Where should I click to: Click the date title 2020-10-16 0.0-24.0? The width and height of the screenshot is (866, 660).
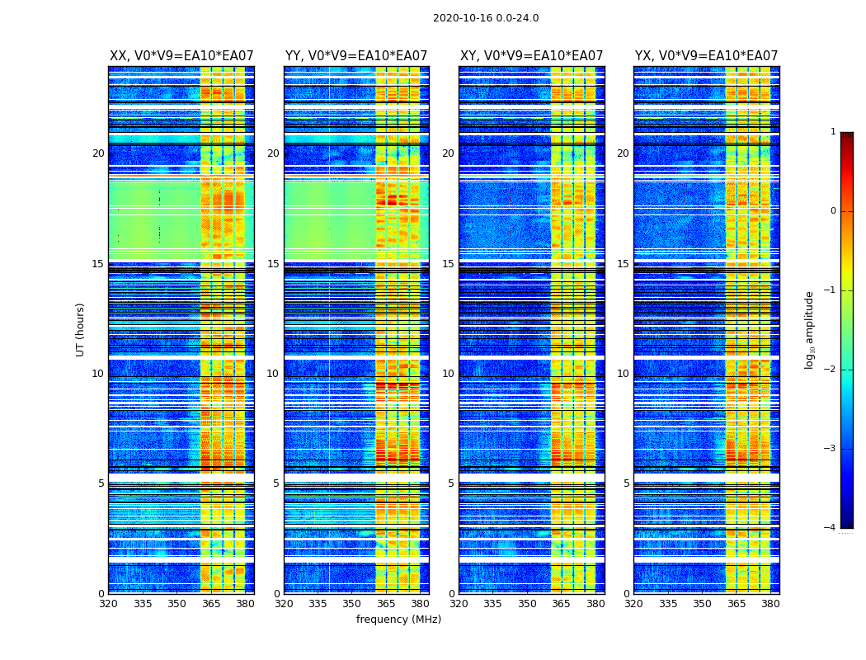tap(486, 18)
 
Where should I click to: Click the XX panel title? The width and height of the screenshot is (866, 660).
tap(181, 56)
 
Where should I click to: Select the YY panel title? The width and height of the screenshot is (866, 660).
tap(356, 56)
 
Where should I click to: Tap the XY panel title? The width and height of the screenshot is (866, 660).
tap(532, 56)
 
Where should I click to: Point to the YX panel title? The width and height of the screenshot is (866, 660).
tap(707, 56)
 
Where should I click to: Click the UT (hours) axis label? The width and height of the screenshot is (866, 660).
tap(81, 329)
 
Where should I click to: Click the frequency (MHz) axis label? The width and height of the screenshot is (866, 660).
tap(398, 620)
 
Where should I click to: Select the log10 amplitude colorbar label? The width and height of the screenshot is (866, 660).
tap(810, 329)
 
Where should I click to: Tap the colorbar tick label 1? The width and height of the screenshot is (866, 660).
tap(833, 132)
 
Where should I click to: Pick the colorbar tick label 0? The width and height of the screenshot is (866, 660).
tap(833, 211)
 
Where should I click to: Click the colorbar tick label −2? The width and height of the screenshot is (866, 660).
tap(831, 370)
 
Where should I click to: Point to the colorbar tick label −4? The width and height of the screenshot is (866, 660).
tap(831, 528)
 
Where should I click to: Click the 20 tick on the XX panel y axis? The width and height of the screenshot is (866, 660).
tap(98, 153)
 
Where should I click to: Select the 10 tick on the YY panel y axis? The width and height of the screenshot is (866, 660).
tap(273, 374)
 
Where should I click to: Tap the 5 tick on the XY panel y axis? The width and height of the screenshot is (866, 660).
tap(451, 483)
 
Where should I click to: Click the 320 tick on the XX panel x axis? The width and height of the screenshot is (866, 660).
tap(109, 604)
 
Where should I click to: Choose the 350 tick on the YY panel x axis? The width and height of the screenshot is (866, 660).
tap(352, 604)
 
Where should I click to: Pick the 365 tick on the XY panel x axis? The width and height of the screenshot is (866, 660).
tap(562, 604)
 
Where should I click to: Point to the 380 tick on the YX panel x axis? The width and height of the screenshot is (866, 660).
tap(770, 604)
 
